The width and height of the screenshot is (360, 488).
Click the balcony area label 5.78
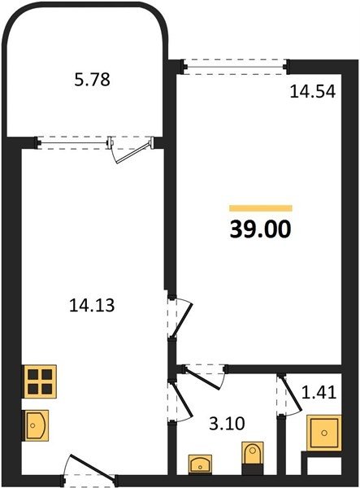click(x=93, y=80)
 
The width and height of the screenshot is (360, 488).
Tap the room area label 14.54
click(x=313, y=92)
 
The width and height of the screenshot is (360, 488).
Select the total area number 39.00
click(x=261, y=229)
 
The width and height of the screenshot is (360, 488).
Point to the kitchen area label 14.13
click(x=92, y=305)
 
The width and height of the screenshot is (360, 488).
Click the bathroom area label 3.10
click(x=227, y=423)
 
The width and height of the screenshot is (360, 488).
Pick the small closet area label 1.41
click(x=319, y=393)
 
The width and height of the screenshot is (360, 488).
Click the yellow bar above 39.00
click(x=261, y=208)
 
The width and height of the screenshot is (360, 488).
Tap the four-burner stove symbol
click(x=40, y=381)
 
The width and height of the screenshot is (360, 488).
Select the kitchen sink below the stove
click(x=36, y=425)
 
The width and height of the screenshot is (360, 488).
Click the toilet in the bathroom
click(x=253, y=458)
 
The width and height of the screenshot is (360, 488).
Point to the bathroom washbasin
click(x=200, y=464)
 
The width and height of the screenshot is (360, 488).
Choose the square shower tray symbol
click(x=324, y=433)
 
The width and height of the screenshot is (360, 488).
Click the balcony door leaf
click(x=133, y=153)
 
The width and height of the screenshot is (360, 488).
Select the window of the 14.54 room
click(x=236, y=67)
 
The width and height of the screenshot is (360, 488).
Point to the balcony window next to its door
click(x=74, y=143)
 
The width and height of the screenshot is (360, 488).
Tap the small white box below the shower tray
click(x=324, y=466)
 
